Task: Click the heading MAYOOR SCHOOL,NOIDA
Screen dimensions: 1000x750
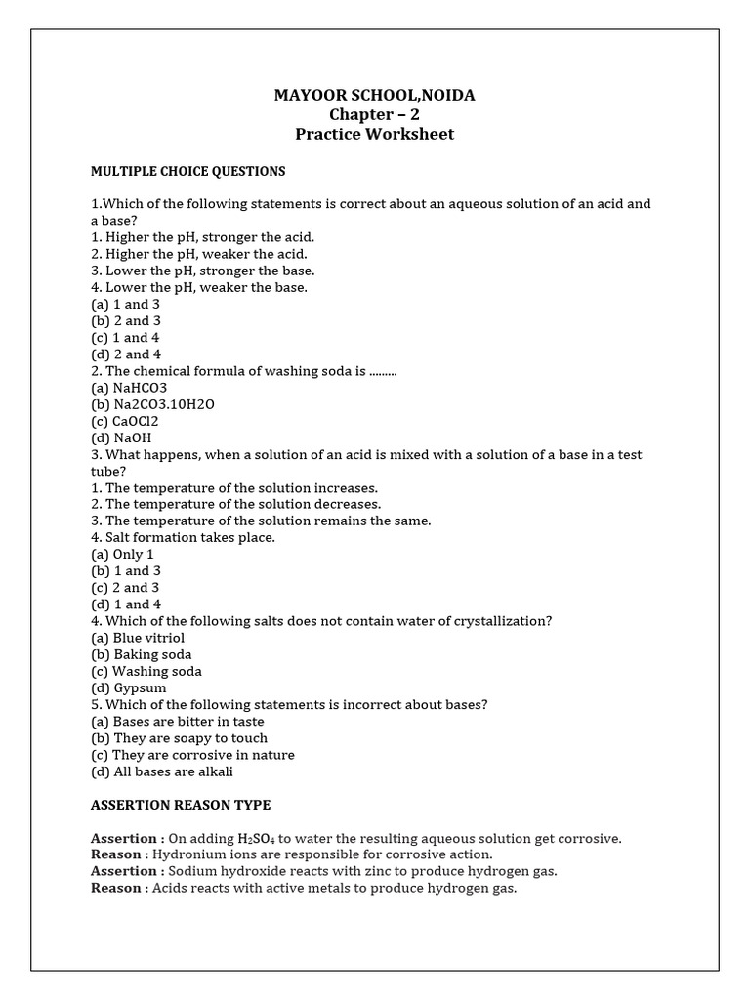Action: point(375,95)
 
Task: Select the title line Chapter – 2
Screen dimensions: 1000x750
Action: point(375,114)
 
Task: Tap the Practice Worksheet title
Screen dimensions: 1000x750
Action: point(375,134)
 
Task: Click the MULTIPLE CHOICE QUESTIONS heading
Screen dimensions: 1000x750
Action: point(187,171)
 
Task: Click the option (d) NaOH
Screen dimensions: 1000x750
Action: point(121,438)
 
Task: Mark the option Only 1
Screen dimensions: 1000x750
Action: point(123,554)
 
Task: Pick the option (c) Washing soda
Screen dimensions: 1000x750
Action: point(146,671)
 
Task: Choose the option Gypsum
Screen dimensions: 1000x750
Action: point(129,687)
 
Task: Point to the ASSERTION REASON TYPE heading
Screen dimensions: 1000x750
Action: point(181,805)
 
